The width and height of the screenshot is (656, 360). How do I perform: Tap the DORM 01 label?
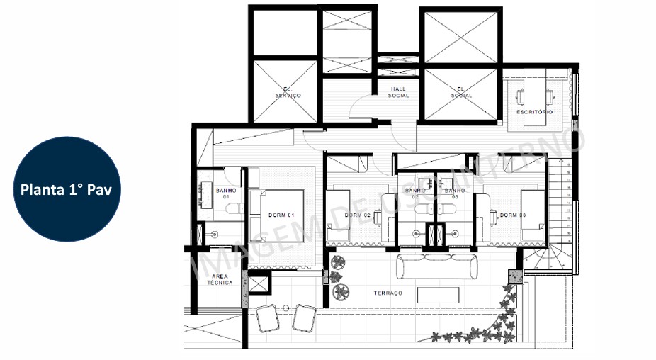[281, 215]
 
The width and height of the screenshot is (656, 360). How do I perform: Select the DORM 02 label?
[358, 215]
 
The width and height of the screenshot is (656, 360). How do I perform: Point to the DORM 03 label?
[511, 215]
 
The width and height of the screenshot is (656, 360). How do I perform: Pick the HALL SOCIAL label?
[399, 93]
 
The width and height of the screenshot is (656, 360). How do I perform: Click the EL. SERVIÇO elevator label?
[288, 93]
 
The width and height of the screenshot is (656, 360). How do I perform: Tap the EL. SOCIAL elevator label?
[460, 93]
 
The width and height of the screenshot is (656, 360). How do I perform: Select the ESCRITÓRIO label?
[534, 113]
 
